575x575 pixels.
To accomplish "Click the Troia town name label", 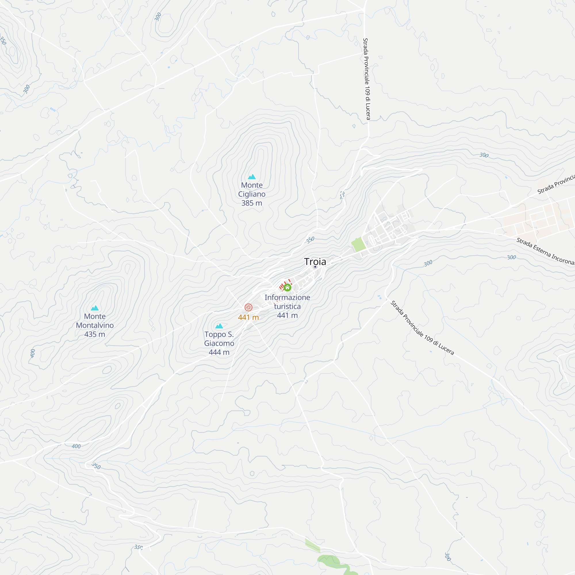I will pyautogui.click(x=315, y=262).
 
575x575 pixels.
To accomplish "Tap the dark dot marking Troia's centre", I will pyautogui.click(x=315, y=267).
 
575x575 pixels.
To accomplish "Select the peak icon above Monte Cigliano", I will pyautogui.click(x=252, y=177).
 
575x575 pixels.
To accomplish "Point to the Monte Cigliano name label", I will pyautogui.click(x=252, y=189).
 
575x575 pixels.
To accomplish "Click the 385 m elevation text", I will pyautogui.click(x=252, y=203).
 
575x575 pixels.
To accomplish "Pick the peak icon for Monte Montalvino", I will pyautogui.click(x=95, y=308).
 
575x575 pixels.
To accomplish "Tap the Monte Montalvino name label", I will pyautogui.click(x=95, y=321).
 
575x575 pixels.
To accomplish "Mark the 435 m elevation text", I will pyautogui.click(x=95, y=334).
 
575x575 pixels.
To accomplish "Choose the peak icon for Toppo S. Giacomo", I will pyautogui.click(x=219, y=326).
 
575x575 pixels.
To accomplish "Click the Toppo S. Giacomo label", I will pyautogui.click(x=219, y=339).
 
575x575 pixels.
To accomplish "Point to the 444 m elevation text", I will pyautogui.click(x=219, y=352).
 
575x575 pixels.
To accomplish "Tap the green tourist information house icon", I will pyautogui.click(x=287, y=287).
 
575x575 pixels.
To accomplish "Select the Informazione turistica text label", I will pyautogui.click(x=287, y=302).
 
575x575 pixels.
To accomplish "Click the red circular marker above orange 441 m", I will pyautogui.click(x=248, y=307).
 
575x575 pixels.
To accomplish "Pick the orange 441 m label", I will pyautogui.click(x=248, y=317).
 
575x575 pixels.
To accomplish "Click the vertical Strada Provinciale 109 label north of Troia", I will pyautogui.click(x=367, y=79).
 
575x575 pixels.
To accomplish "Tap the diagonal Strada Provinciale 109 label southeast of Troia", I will pyautogui.click(x=422, y=328).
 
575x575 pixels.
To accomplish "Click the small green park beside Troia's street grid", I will pyautogui.click(x=359, y=244).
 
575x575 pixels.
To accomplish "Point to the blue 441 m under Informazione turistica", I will pyautogui.click(x=287, y=315).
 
